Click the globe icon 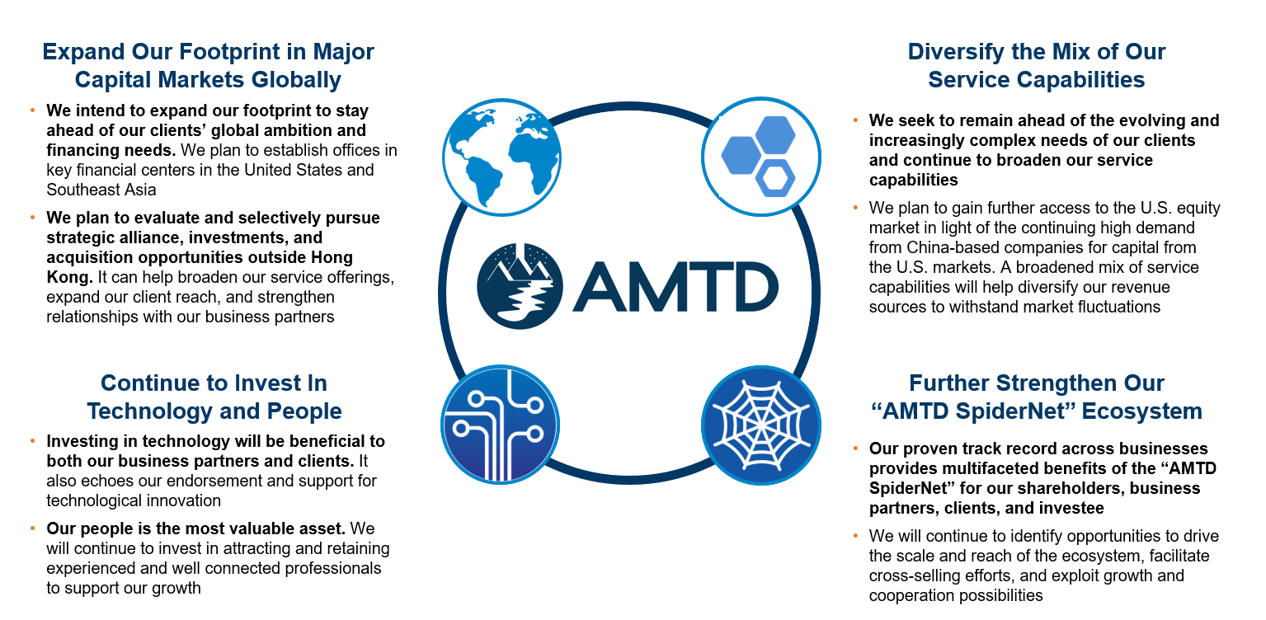tap(502, 157)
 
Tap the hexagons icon tap(761, 157)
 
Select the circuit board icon tap(500, 425)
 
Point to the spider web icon tap(761, 425)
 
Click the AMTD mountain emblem tap(520, 286)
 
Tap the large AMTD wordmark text tap(676, 287)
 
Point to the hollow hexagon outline tap(775, 179)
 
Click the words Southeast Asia tap(101, 190)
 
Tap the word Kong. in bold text tap(69, 278)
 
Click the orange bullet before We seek tap(855, 120)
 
